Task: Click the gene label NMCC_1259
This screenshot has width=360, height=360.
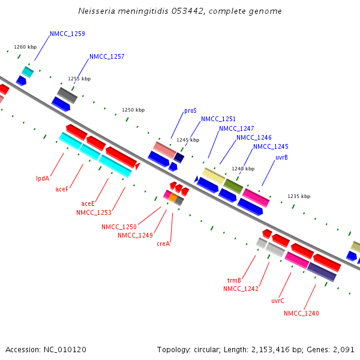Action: [67, 34]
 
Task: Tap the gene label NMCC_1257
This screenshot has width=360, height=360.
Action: [107, 57]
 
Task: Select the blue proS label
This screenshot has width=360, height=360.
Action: [190, 111]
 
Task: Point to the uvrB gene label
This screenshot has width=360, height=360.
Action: [281, 157]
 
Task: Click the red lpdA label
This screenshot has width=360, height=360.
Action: [43, 178]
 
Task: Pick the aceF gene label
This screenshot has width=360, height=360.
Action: [62, 189]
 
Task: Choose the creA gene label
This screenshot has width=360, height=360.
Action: [163, 244]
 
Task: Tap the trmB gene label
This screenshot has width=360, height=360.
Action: [234, 280]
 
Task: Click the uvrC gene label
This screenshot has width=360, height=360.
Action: [278, 301]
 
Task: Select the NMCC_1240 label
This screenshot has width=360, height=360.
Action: [301, 313]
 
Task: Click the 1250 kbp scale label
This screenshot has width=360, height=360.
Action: [133, 110]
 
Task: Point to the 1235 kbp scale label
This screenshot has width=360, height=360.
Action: [299, 196]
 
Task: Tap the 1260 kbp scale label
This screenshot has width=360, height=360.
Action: [25, 47]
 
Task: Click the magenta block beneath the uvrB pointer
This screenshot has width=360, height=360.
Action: [256, 197]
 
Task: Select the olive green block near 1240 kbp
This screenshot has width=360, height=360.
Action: [233, 186]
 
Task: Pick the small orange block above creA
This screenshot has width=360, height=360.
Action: [173, 197]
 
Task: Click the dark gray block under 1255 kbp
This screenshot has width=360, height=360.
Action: [67, 95]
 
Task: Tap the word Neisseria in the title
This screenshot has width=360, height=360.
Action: [98, 11]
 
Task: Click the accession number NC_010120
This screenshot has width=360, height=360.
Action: [68, 349]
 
